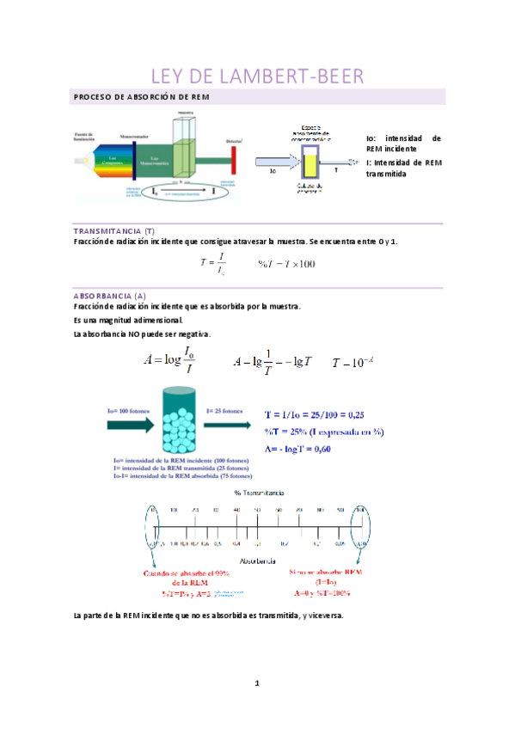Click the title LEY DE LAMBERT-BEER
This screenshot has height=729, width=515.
[x=257, y=77]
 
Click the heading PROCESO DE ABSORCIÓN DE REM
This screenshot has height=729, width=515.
[x=142, y=97]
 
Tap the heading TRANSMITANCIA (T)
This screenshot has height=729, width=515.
[x=114, y=230]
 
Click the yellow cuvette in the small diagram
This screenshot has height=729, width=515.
[x=310, y=161]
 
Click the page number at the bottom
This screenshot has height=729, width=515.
[x=256, y=683]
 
